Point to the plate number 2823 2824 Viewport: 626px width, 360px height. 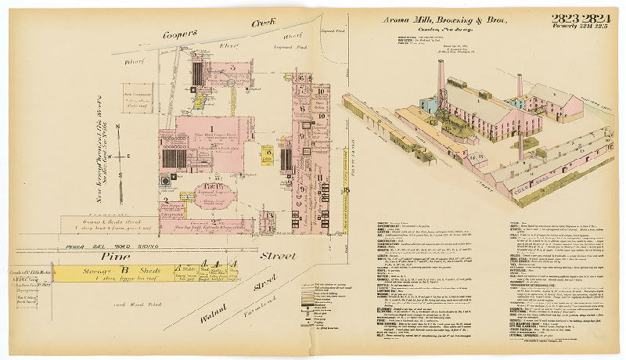coord(581,19)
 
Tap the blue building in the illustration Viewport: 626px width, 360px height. coord(430,103)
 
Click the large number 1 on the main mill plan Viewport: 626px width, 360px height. coord(210,128)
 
